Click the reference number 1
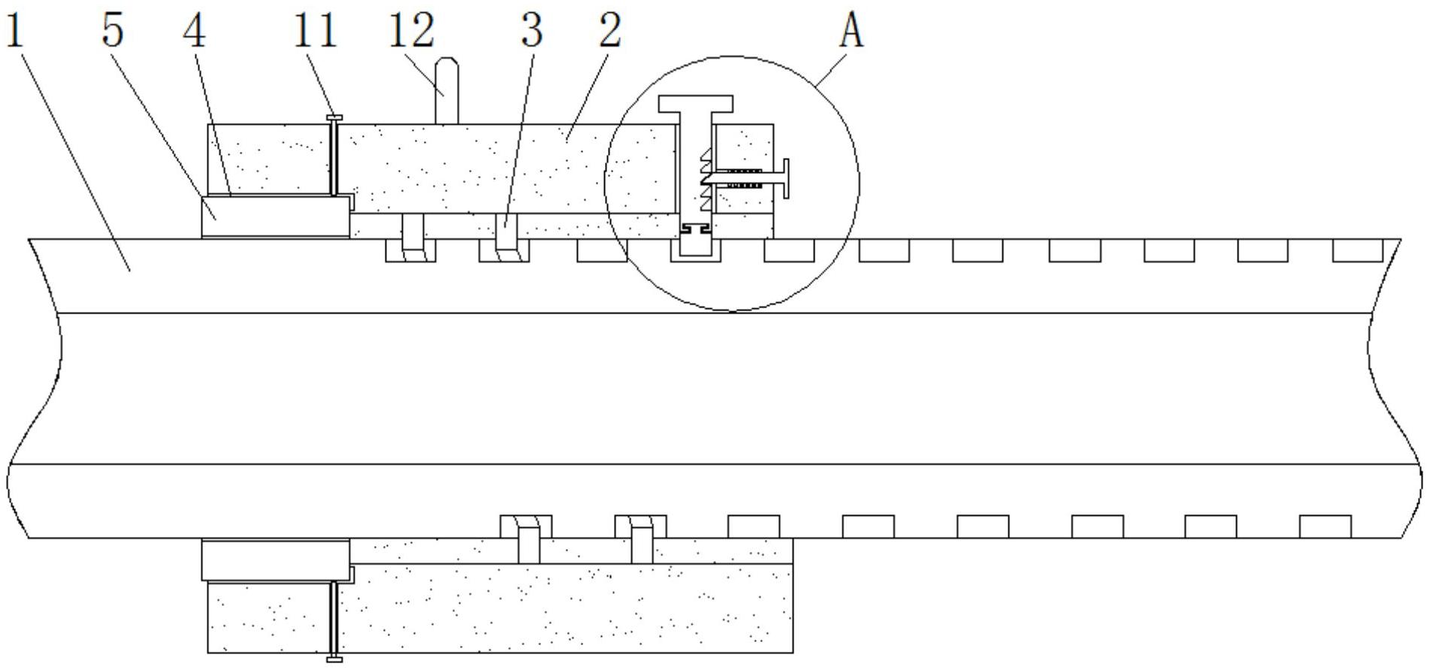click(15, 32)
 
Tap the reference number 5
click(113, 32)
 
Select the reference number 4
click(195, 32)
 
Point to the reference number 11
click(316, 32)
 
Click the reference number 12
click(413, 32)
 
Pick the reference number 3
click(531, 32)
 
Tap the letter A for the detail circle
click(851, 32)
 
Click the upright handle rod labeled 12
click(447, 90)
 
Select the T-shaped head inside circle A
click(695, 103)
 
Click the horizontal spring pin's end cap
click(785, 179)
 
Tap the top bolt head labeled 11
click(334, 117)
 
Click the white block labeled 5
click(275, 217)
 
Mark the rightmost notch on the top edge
click(1357, 250)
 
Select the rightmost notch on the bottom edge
click(1325, 526)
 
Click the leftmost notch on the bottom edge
click(526, 526)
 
